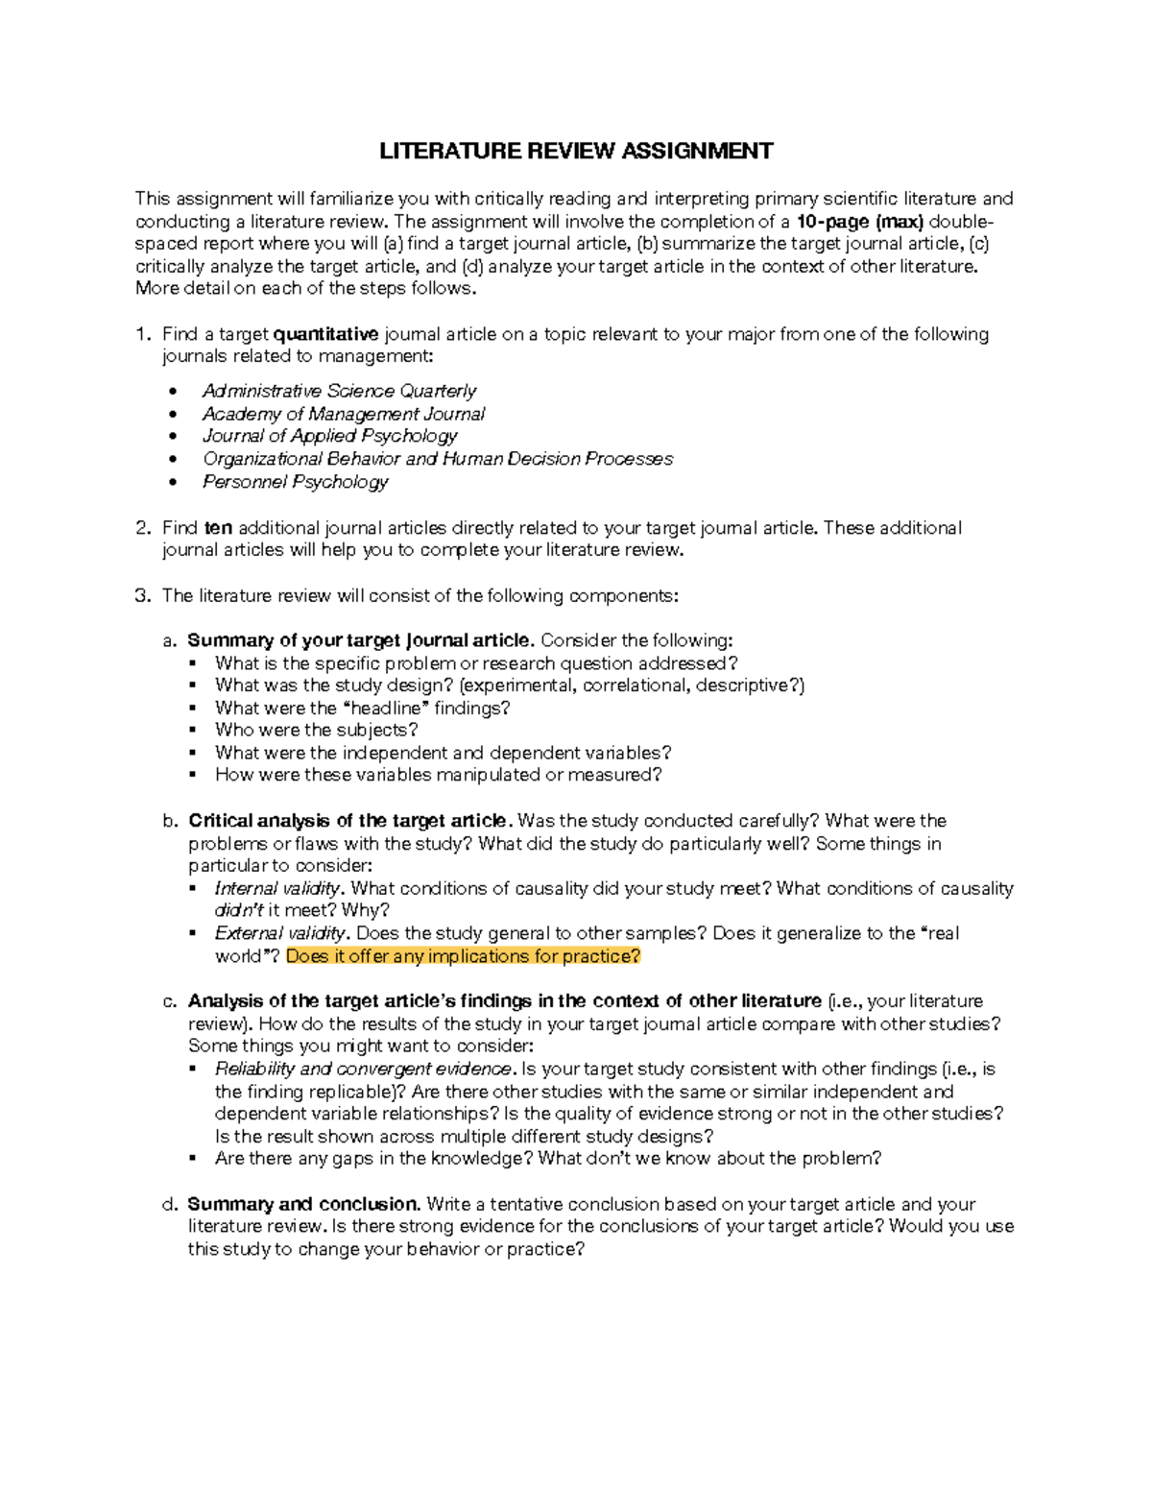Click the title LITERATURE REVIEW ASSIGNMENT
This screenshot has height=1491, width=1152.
575,151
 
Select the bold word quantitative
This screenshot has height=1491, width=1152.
326,334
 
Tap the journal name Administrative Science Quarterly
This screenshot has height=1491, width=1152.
339,391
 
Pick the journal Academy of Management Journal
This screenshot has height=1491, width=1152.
344,414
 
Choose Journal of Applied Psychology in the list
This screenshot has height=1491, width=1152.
329,436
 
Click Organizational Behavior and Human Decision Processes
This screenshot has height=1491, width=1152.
438,459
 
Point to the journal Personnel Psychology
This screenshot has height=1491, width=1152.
295,482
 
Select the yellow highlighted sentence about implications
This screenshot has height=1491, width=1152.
463,956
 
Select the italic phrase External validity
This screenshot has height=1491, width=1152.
280,933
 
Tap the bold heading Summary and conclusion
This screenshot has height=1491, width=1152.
303,1204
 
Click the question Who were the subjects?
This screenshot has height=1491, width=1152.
317,731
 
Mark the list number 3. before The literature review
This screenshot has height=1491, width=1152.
143,595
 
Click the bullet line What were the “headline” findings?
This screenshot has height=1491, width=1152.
362,708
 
